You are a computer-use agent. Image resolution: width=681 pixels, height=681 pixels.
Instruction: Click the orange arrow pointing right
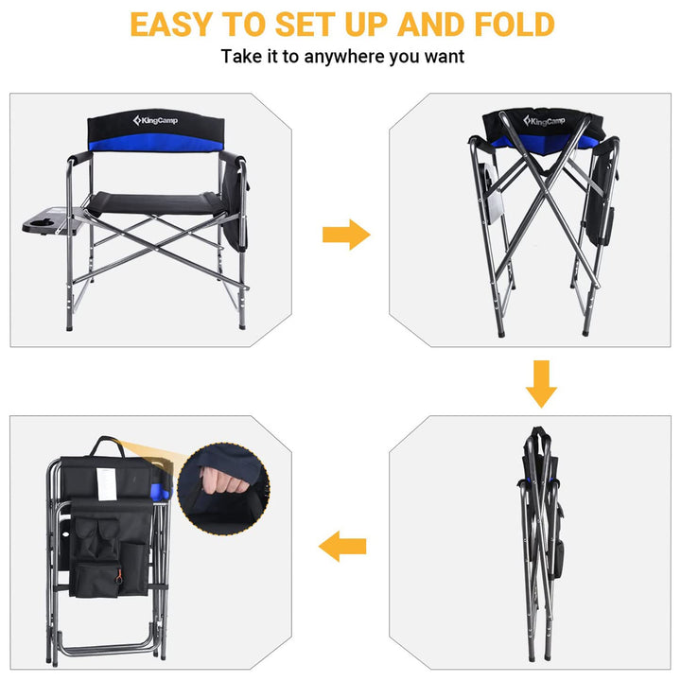pyautogui.click(x=345, y=234)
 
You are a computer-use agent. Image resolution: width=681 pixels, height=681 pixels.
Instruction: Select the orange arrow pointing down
pyautogui.click(x=541, y=381)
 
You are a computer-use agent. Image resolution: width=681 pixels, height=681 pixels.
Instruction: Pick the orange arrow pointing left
pyautogui.click(x=342, y=546)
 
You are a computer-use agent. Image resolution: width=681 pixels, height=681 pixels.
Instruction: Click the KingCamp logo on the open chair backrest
pyautogui.click(x=155, y=122)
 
